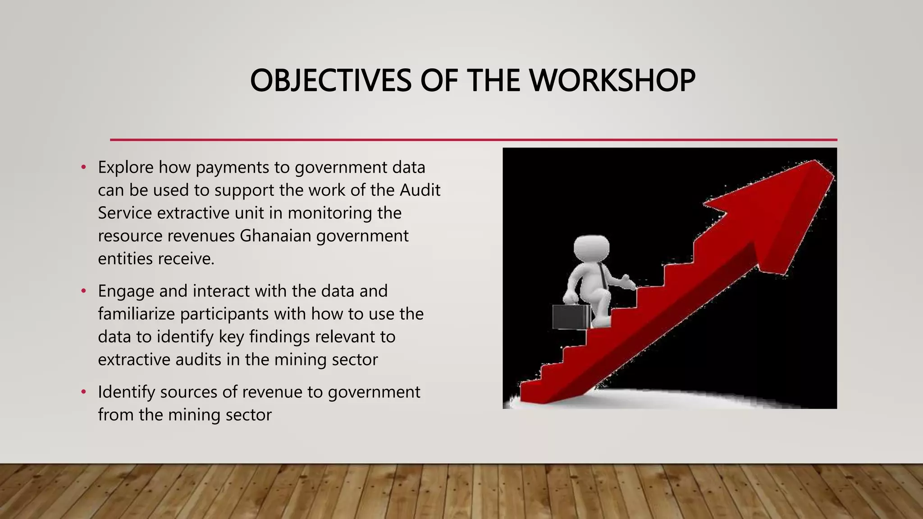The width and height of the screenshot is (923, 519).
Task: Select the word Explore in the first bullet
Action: click(126, 168)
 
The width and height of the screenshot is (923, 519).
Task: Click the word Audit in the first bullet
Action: click(420, 190)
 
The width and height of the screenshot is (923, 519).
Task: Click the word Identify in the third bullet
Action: click(127, 392)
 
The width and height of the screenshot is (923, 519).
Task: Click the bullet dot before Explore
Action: click(83, 168)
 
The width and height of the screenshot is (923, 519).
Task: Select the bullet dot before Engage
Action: click(83, 291)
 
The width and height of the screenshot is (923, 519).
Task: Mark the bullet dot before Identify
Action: click(83, 392)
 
